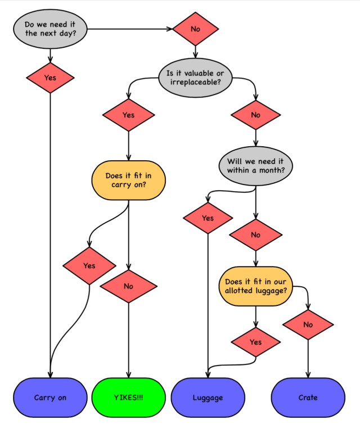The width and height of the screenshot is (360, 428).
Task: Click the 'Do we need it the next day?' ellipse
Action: tap(51, 28)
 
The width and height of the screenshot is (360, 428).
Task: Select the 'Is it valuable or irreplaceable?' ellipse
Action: tap(195, 77)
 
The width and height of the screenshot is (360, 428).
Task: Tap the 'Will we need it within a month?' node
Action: tap(256, 165)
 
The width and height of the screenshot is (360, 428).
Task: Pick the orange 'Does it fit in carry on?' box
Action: tap(129, 180)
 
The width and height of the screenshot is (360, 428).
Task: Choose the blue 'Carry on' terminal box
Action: tap(50, 398)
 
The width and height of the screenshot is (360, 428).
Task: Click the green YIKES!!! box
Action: tap(128, 398)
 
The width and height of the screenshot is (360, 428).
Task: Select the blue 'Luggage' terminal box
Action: tap(208, 398)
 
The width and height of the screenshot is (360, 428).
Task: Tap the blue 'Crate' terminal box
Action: tap(308, 398)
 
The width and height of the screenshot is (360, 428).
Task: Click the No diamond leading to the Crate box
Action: tap(308, 325)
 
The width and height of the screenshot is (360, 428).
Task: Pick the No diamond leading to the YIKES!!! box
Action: tap(128, 286)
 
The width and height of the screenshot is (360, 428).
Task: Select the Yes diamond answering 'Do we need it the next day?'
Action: tap(50, 78)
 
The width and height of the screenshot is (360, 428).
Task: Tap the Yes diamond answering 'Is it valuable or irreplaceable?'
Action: tap(128, 115)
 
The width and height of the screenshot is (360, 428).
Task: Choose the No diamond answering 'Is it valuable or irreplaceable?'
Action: tap(256, 115)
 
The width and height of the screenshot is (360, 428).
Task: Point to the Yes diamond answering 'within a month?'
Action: tap(208, 218)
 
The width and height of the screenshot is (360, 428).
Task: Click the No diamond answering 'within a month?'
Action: tap(256, 235)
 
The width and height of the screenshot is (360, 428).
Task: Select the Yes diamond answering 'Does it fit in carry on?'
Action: tap(89, 265)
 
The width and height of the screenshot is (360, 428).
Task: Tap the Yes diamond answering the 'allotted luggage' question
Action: tap(256, 342)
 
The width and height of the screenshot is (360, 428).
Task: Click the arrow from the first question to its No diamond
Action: tap(129, 28)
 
